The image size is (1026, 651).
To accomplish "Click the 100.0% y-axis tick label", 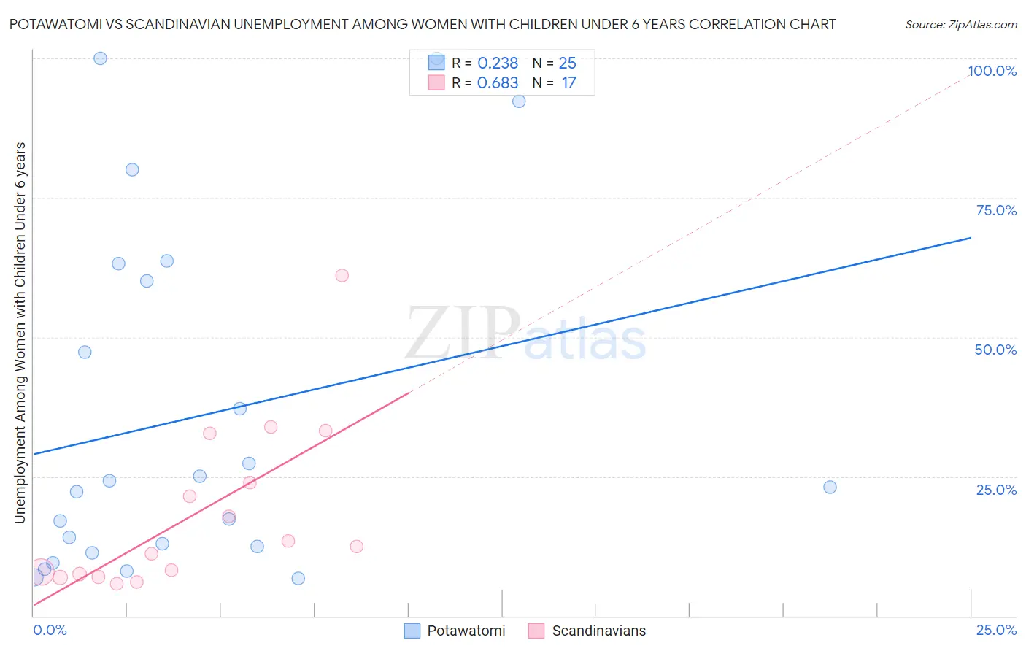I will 992,71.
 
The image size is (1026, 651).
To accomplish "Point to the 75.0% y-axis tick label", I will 996,210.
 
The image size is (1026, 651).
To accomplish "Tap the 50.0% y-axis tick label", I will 995,350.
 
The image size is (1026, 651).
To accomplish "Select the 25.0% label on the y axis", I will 996,490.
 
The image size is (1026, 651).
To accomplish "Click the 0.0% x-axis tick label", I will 50,630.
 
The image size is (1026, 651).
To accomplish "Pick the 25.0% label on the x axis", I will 996,630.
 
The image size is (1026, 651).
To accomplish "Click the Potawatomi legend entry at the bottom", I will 466,631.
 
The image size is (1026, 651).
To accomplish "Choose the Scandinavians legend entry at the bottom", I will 598,631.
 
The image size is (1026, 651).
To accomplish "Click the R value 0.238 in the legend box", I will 498,63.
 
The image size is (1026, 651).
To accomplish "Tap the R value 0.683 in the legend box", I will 498,83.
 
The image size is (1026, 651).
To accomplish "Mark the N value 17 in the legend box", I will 568,83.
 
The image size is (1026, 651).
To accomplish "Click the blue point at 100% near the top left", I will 101,58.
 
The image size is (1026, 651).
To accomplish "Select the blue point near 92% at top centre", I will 519,101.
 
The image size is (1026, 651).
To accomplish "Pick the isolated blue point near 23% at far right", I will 830,487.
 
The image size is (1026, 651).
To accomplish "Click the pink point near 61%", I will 342,275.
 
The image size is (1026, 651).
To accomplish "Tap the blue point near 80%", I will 132,169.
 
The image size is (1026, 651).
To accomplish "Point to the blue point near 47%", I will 85,352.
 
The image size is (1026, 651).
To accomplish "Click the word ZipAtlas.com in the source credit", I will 981,25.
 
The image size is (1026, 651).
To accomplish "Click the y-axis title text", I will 20,332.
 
